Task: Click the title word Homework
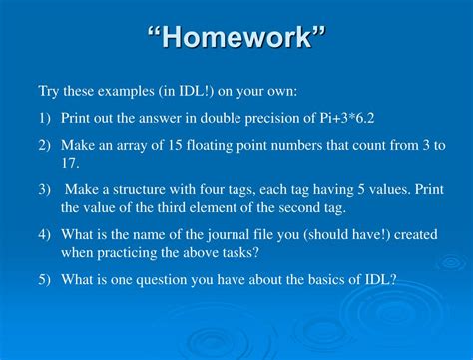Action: pos(236,41)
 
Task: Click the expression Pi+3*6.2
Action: pos(367,118)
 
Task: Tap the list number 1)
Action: pos(45,118)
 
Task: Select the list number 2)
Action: pos(45,145)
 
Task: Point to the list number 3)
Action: pos(45,190)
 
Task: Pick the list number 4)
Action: pos(45,235)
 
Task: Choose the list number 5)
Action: pos(45,280)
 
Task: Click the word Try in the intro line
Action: pos(49,91)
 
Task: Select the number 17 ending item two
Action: pos(69,162)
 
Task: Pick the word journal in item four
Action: pos(229,235)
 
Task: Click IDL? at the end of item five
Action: pos(380,280)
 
